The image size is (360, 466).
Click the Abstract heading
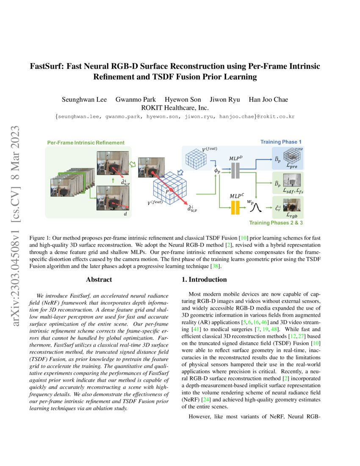tap(99, 280)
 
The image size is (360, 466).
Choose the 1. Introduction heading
tap(204, 280)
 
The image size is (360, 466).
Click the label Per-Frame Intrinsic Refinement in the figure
tap(86, 143)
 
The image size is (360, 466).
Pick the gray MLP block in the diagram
tap(235, 170)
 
